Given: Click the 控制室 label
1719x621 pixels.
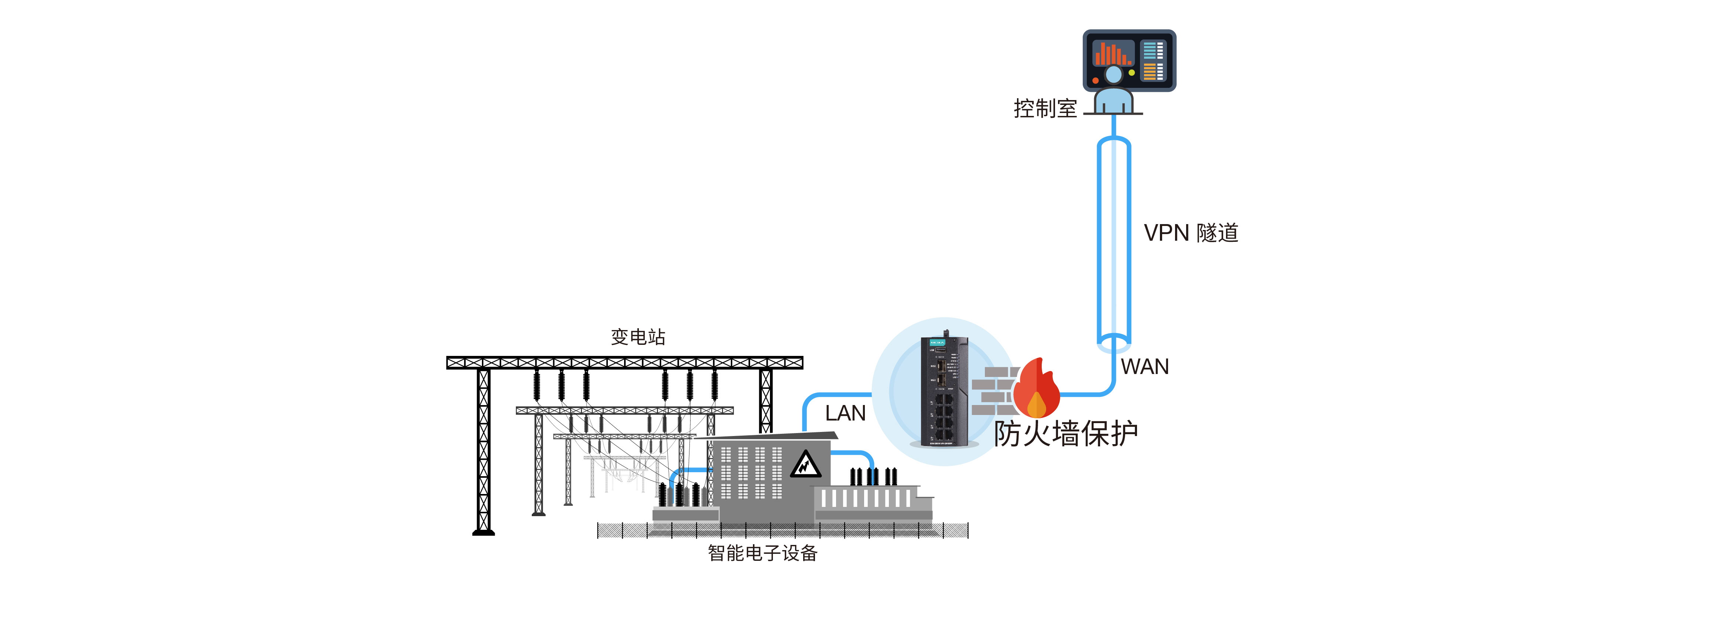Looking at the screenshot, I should coord(1045,108).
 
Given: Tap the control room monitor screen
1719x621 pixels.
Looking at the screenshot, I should coord(1129,60).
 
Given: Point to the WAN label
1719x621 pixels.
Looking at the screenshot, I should coord(1144,366).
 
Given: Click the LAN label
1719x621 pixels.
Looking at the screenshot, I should coord(845,413).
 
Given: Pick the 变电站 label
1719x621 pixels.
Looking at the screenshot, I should coord(638,337).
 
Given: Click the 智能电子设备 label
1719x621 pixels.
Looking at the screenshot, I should coord(762,553).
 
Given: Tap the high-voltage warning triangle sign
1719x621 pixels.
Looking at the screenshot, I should coord(805,465).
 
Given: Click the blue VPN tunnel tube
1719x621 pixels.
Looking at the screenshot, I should coord(1114,240).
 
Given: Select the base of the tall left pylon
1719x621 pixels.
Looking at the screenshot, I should coord(484,532).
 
